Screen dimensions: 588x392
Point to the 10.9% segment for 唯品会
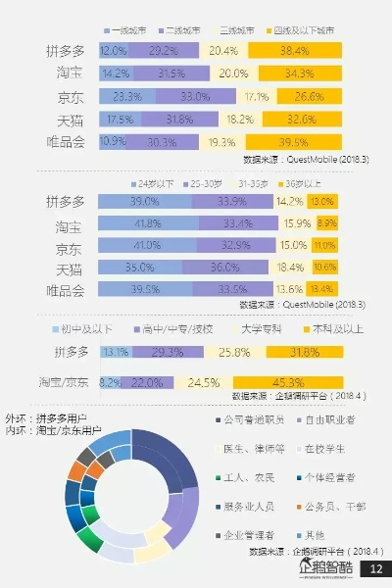[x=113, y=142]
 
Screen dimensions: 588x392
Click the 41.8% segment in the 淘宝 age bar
[x=146, y=223]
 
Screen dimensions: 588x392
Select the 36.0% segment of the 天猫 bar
[x=225, y=268]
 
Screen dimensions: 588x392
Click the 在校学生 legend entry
[x=326, y=448]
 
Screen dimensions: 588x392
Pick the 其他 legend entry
[x=315, y=534]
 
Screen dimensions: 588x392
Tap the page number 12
[x=375, y=569]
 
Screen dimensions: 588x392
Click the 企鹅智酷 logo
[x=325, y=568]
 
